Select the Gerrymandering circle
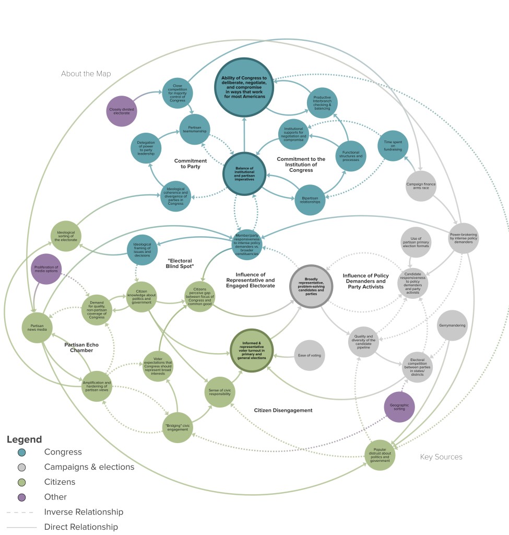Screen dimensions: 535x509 pos(452,325)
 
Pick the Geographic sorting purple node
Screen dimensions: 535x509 pos(399,407)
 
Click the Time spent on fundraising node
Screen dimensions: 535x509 pos(393,146)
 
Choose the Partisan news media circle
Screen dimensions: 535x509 pos(37,328)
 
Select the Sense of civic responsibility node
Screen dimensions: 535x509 pos(219,389)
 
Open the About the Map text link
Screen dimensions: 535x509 pos(86,74)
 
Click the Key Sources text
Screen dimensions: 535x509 pos(441,457)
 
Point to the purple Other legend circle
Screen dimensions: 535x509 pos(21,497)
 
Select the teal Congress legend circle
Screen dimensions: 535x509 pos(21,452)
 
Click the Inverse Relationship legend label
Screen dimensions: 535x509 pos(84,512)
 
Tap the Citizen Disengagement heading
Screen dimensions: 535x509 pos(283,411)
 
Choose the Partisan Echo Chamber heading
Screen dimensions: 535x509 pos(81,348)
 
